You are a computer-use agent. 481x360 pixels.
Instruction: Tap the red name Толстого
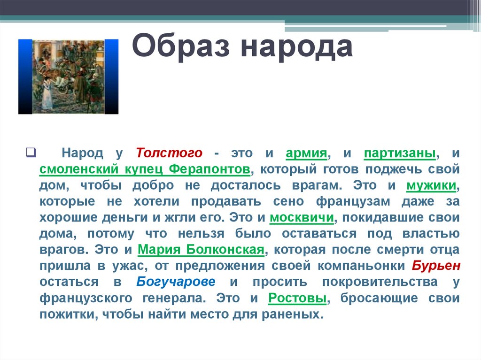click(x=169, y=153)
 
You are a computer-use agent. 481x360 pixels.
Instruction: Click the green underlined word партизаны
click(x=401, y=153)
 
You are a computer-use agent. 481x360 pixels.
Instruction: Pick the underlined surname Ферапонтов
click(x=209, y=169)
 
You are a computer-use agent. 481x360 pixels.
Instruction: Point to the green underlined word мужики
click(x=431, y=185)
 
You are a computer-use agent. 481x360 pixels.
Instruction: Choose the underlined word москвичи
click(x=302, y=218)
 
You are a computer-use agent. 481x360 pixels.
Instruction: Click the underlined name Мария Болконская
click(x=201, y=249)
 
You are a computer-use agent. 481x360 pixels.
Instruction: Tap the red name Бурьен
click(x=436, y=266)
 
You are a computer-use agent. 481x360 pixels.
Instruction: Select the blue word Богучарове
click(x=176, y=282)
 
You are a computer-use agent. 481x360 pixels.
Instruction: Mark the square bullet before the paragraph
click(x=29, y=152)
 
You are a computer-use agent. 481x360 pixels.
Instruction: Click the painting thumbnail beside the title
click(x=68, y=77)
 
